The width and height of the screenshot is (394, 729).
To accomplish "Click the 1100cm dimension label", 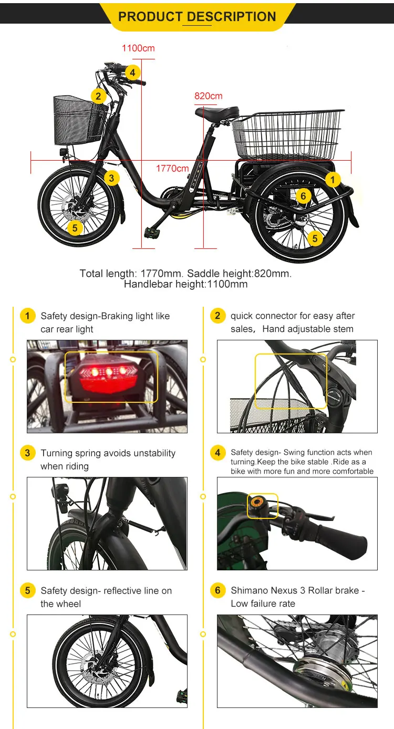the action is click(138, 48).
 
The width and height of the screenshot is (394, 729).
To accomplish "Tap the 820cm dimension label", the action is click(209, 96).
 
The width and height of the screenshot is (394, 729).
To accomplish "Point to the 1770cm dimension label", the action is click(172, 169).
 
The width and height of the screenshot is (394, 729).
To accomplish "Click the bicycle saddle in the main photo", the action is click(217, 112).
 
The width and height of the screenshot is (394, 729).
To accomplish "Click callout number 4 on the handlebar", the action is click(132, 72).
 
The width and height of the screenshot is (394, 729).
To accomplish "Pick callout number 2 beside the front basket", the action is click(98, 96).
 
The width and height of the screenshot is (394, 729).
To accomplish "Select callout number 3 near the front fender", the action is click(111, 178).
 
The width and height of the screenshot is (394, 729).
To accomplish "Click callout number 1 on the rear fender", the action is click(332, 180).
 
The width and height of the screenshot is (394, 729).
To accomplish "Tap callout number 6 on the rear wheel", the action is click(303, 196).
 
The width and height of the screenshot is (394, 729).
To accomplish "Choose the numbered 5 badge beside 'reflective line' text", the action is click(28, 591).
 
